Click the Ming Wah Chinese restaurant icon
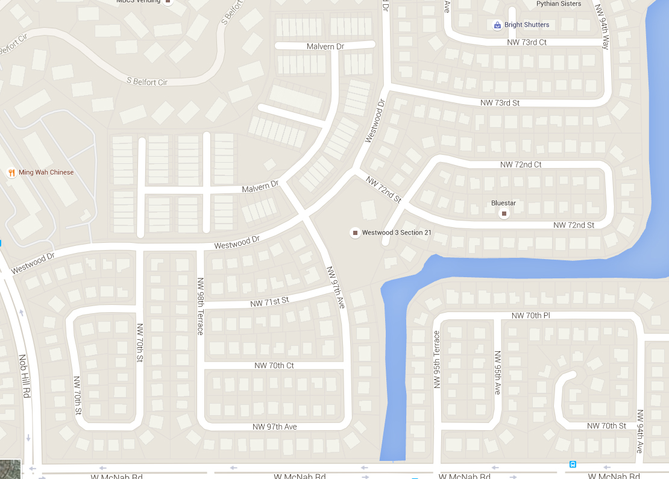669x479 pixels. coord(11,173)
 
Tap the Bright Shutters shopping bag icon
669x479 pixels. coord(497,25)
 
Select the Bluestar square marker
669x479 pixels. coord(504,213)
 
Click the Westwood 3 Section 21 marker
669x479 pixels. coord(355,233)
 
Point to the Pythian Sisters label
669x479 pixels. coord(559,4)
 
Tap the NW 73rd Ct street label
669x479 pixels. coord(527,42)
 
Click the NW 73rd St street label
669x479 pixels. coord(500,103)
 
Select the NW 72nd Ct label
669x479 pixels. coord(521,164)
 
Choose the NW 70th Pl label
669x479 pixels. coord(530,316)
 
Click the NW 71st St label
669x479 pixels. coord(269,301)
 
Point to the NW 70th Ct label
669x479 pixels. coord(274,366)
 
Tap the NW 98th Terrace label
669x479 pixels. coord(200,306)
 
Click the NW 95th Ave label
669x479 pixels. coord(497,373)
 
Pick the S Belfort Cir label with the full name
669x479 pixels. coord(147,81)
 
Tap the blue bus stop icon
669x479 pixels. coord(572,465)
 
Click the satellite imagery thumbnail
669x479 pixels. coord(10,469)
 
